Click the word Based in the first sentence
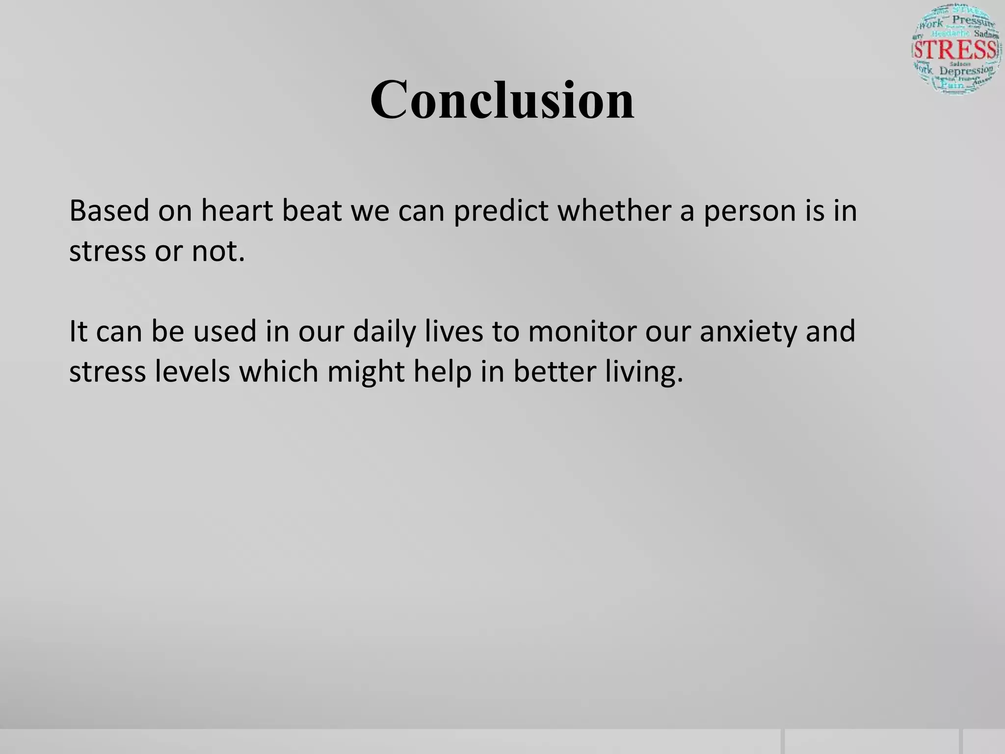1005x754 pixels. click(109, 211)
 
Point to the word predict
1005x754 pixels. click(501, 212)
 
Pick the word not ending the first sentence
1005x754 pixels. click(218, 251)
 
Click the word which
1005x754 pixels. click(278, 372)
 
